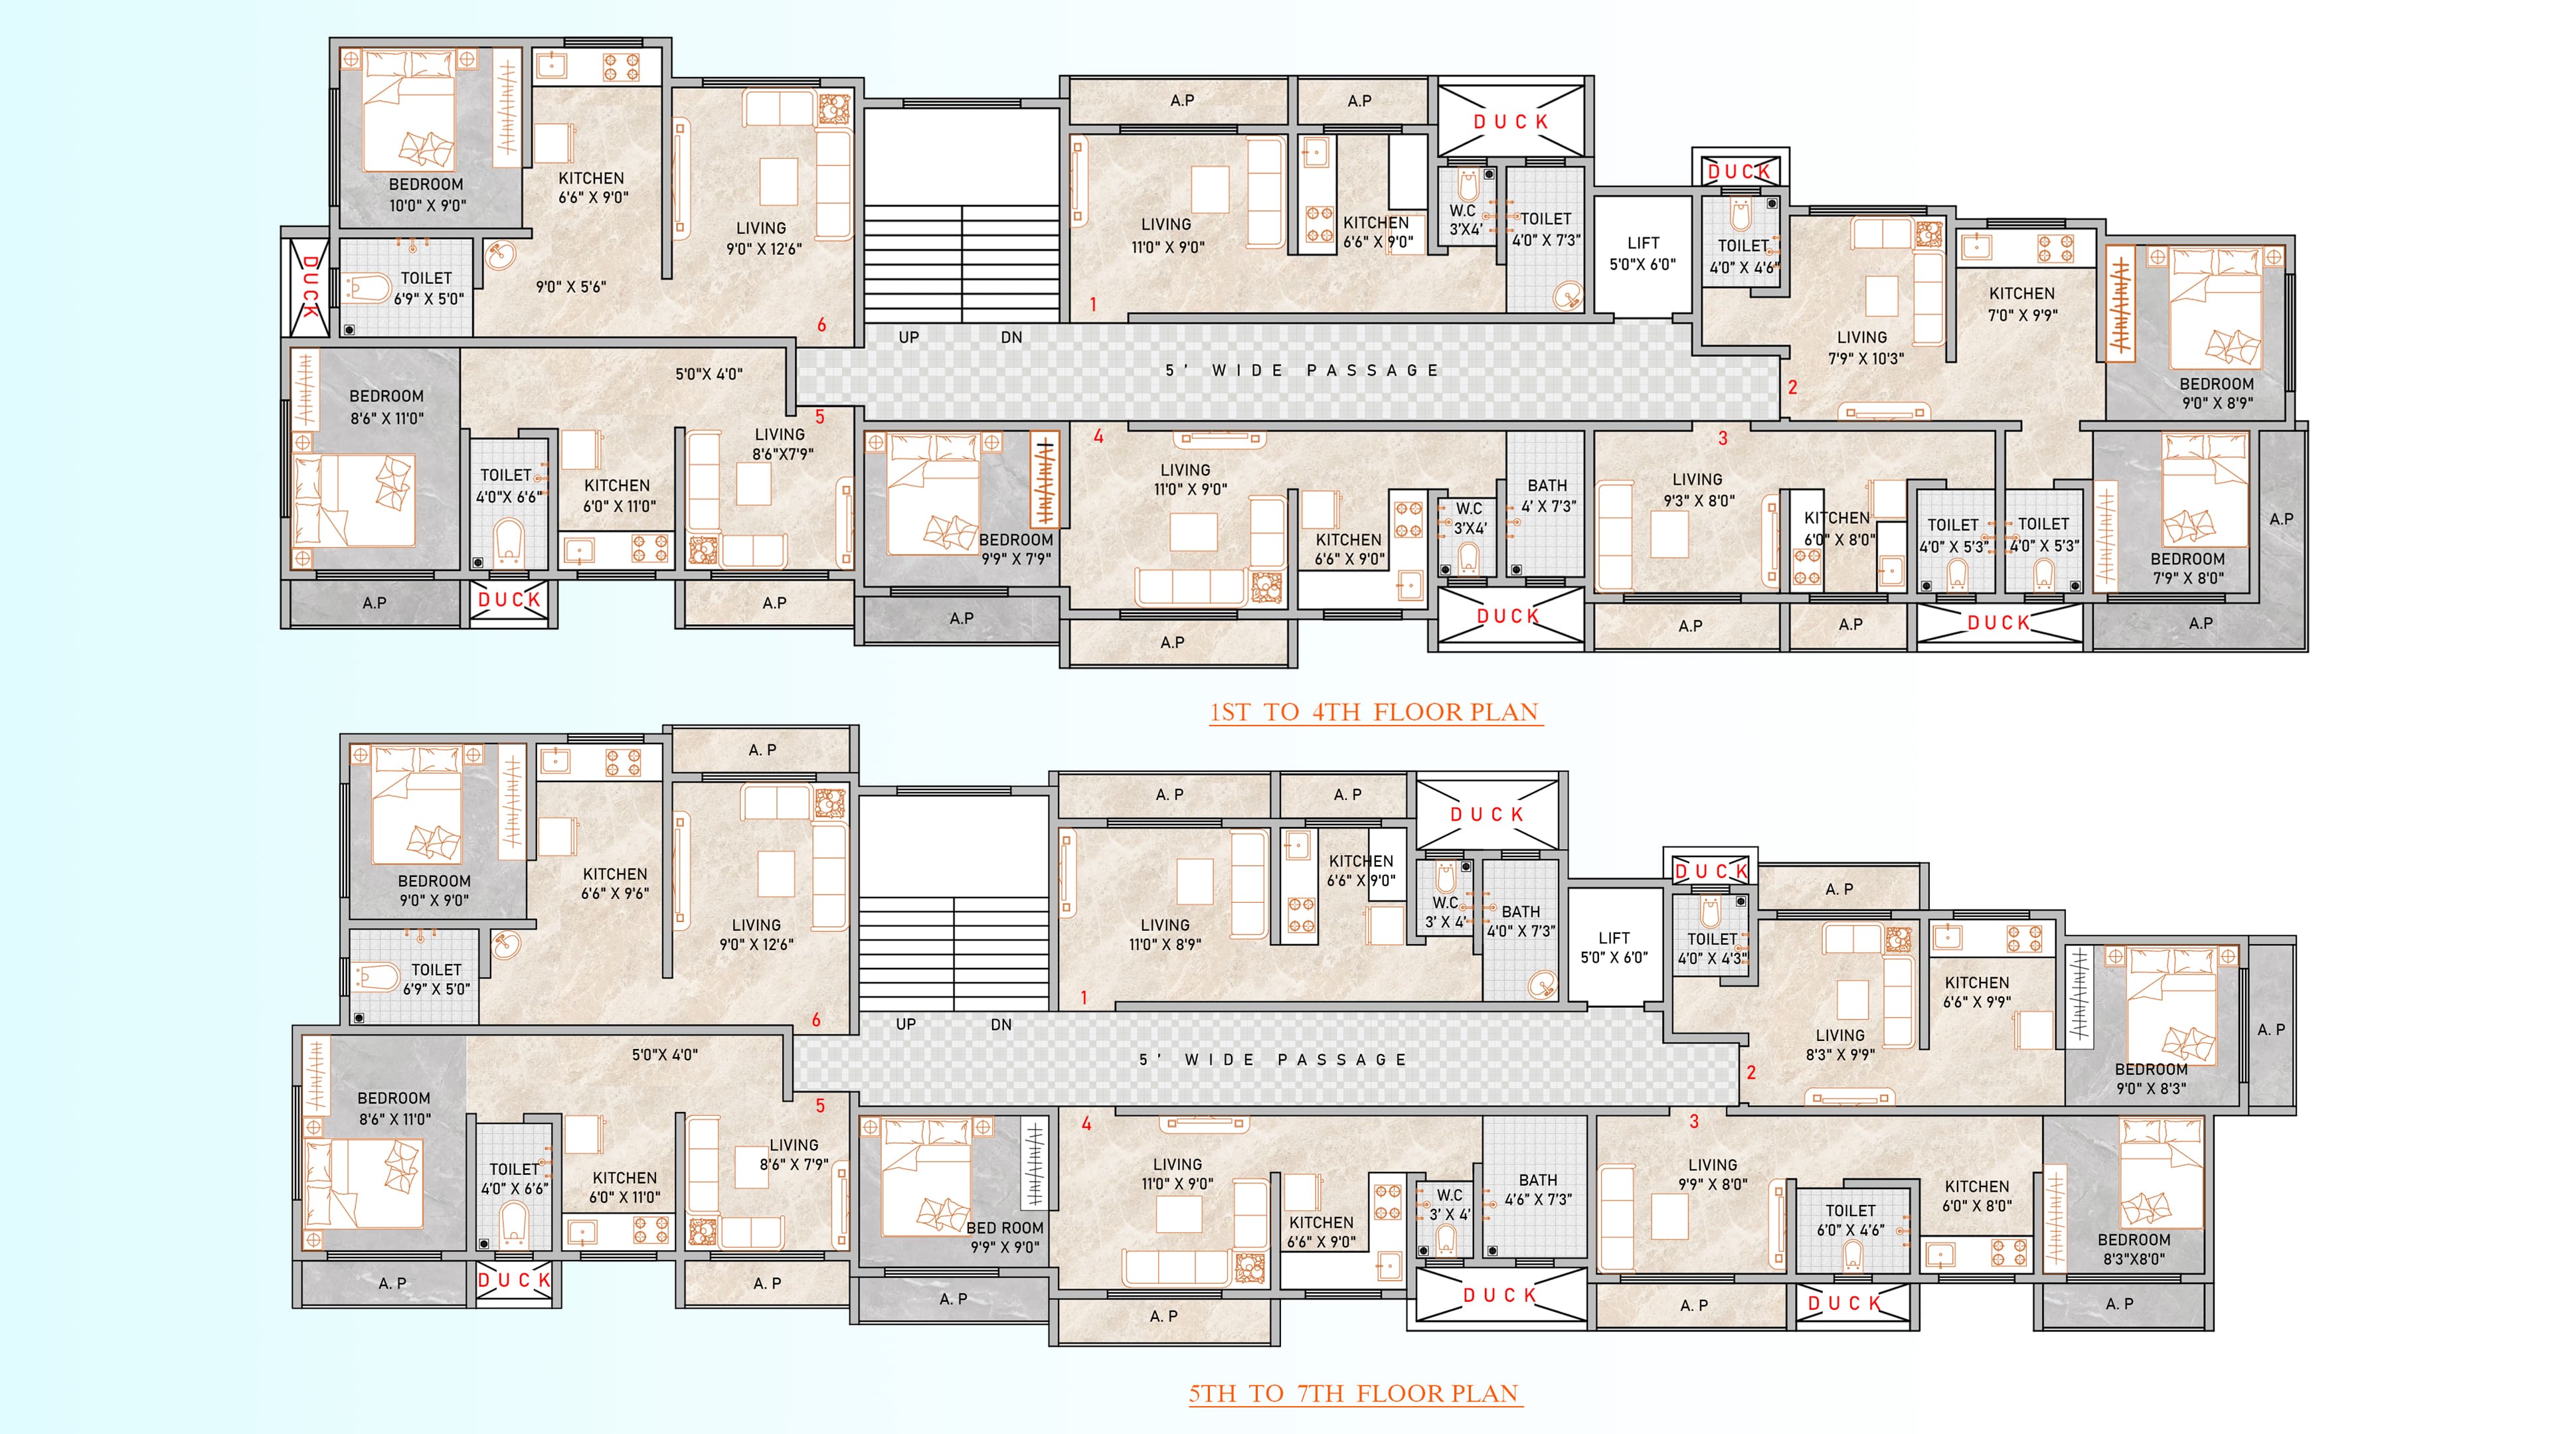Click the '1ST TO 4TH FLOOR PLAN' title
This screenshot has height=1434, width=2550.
[1375, 712]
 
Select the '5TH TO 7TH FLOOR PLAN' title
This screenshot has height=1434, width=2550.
[1354, 1394]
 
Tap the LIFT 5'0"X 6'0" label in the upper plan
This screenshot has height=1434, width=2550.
[1642, 254]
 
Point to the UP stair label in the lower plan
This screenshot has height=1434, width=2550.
[906, 1024]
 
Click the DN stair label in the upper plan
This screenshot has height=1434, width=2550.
[1011, 337]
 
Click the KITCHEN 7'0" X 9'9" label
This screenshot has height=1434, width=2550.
[2022, 304]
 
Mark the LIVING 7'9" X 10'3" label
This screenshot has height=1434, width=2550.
[1865, 347]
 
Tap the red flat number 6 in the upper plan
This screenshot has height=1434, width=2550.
[821, 325]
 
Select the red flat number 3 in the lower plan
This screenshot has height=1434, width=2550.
[1694, 1121]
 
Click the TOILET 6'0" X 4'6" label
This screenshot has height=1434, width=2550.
[1850, 1220]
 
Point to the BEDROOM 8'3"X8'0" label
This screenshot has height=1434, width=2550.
[2134, 1249]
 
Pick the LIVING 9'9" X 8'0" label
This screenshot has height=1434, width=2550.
[1713, 1174]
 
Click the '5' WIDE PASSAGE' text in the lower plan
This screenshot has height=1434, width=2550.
[1272, 1060]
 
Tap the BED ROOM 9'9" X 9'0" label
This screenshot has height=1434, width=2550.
[1005, 1237]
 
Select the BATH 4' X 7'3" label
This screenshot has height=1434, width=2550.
[1548, 496]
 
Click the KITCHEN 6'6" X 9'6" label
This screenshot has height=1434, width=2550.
[615, 884]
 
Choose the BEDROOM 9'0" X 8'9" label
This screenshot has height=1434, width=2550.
[2217, 393]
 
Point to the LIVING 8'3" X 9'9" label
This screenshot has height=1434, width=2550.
[1840, 1045]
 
